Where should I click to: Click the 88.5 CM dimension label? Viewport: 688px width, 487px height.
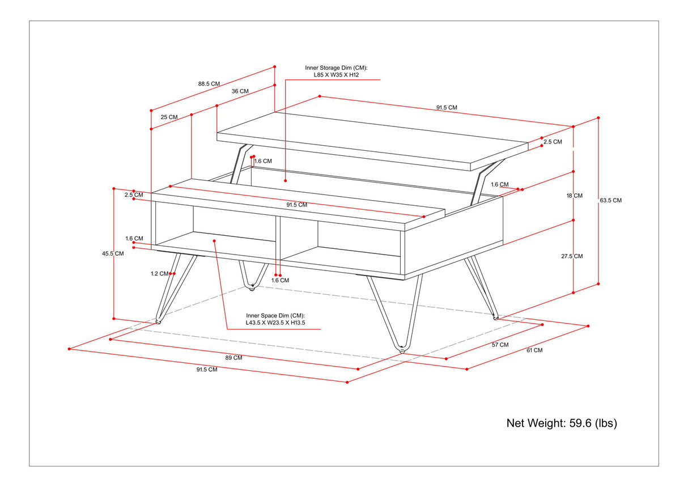(x=209, y=83)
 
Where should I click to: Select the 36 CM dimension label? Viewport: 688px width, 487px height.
(x=240, y=91)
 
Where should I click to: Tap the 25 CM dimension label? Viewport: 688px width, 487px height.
(x=169, y=117)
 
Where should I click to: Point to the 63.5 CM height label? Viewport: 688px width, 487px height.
(x=610, y=200)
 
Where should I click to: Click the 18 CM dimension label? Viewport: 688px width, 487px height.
(x=574, y=196)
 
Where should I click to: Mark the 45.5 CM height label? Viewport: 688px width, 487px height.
(x=113, y=253)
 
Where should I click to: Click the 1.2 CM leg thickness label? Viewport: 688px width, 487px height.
(x=159, y=273)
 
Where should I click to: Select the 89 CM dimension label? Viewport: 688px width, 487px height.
(x=233, y=358)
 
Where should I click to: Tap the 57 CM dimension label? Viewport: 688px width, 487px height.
(x=500, y=345)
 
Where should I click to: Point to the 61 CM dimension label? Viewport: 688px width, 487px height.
(x=534, y=350)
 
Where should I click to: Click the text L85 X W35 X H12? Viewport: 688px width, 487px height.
(x=336, y=74)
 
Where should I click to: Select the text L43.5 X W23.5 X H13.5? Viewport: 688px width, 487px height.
(x=275, y=323)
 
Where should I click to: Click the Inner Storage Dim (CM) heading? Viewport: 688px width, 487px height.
(x=336, y=67)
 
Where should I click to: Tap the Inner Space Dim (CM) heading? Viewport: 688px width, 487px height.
(x=275, y=315)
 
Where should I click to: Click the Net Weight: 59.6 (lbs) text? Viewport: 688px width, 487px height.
(x=561, y=423)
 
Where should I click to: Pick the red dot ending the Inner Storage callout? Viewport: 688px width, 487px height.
(x=286, y=181)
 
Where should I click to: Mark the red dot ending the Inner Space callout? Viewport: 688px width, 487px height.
(x=215, y=240)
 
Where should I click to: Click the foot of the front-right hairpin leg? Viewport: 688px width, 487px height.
(x=402, y=350)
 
